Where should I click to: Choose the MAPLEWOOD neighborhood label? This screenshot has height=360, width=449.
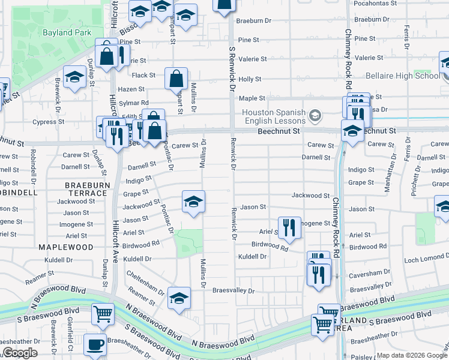[x=66, y=247]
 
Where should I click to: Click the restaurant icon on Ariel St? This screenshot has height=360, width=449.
[x=289, y=227]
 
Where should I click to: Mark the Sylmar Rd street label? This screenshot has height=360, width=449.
[x=136, y=103]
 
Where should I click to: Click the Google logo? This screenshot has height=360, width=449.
[x=20, y=353]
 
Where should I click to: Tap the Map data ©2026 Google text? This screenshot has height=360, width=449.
[x=411, y=356]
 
